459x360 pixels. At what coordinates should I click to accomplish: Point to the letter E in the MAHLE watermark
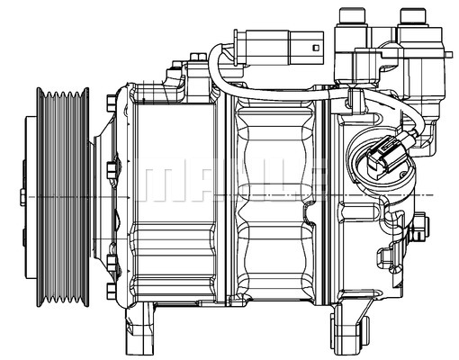click(x=309, y=183)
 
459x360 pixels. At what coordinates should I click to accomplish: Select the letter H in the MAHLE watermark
click(x=237, y=183)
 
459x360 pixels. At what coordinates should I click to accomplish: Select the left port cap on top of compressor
click(x=351, y=17)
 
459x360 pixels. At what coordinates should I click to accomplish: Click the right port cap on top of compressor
click(x=413, y=17)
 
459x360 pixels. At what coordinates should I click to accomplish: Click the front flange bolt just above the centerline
click(x=111, y=168)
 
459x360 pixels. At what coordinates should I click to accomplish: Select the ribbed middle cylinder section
click(x=270, y=198)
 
